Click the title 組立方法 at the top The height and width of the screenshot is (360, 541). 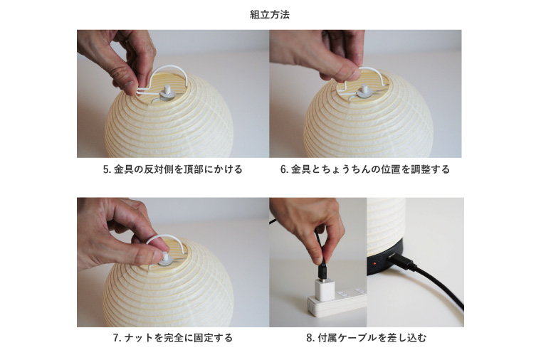click(x=270, y=14)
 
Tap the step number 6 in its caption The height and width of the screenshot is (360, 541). click(x=283, y=170)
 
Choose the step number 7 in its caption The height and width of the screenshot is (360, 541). click(x=116, y=338)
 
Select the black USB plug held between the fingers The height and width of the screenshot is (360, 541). click(x=321, y=270)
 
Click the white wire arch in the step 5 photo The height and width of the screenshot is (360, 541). click(x=171, y=71)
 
